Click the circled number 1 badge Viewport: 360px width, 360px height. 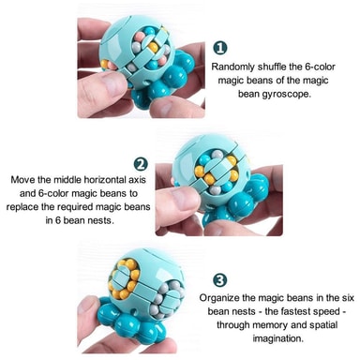[220, 48]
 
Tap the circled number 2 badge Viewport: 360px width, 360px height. [141, 164]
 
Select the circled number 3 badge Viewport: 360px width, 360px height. [220, 280]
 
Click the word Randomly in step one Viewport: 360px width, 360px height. [232, 67]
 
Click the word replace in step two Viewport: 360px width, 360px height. [22, 207]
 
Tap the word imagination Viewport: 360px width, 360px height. [278, 338]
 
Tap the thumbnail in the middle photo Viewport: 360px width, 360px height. [184, 198]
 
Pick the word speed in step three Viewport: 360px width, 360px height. [328, 312]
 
